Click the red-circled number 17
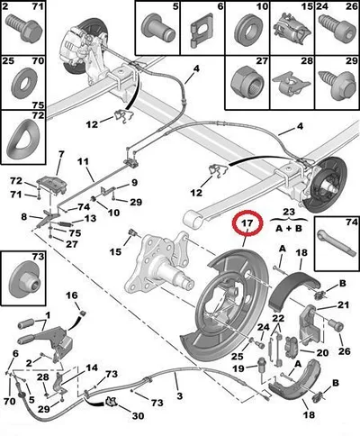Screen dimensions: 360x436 click(248, 223)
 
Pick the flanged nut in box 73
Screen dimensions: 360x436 click(24, 281)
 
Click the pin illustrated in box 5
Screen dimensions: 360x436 click(157, 28)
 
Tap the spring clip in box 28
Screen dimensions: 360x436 click(292, 83)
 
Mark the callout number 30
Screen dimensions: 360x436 click(138, 415)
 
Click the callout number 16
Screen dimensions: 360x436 click(72, 295)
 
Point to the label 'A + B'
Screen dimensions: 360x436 click(288, 229)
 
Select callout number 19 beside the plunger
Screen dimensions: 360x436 click(238, 368)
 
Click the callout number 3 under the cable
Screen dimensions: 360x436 click(179, 395)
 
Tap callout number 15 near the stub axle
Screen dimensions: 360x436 click(115, 251)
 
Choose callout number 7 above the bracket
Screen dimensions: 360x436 click(61, 154)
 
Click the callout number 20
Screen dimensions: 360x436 click(322, 352)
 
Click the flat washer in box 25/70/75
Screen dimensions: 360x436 click(24, 81)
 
